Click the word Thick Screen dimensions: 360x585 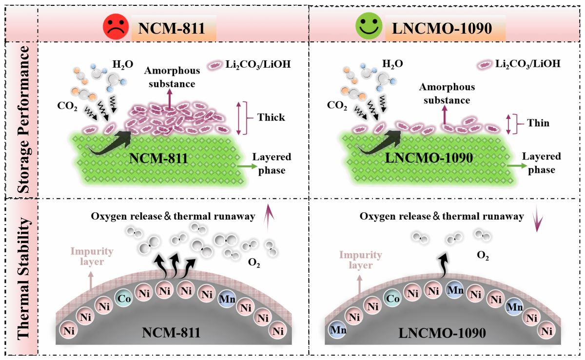(272, 117)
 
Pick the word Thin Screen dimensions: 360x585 (538, 123)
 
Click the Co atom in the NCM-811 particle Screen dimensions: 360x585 (124, 298)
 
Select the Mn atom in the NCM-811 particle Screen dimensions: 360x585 (227, 299)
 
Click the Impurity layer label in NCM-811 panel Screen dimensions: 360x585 (92, 256)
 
